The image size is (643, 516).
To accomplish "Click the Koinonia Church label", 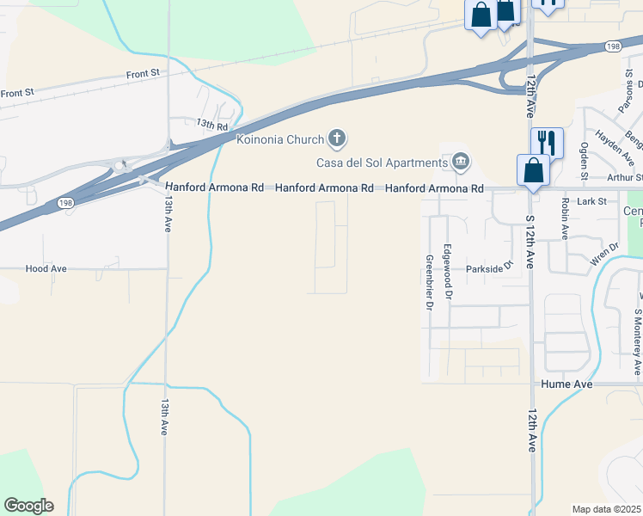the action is coord(280,138).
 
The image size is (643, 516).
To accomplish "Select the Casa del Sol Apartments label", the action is coord(381,162).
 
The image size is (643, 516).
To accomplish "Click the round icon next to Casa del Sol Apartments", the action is coord(461,162).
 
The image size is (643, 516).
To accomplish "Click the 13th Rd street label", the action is coord(211,125).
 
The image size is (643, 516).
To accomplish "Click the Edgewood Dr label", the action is coord(447,273).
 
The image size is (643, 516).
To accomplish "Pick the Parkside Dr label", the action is coord(489,267).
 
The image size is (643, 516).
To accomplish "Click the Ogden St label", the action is coord(584,161).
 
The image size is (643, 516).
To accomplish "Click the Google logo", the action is coord(28,506).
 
